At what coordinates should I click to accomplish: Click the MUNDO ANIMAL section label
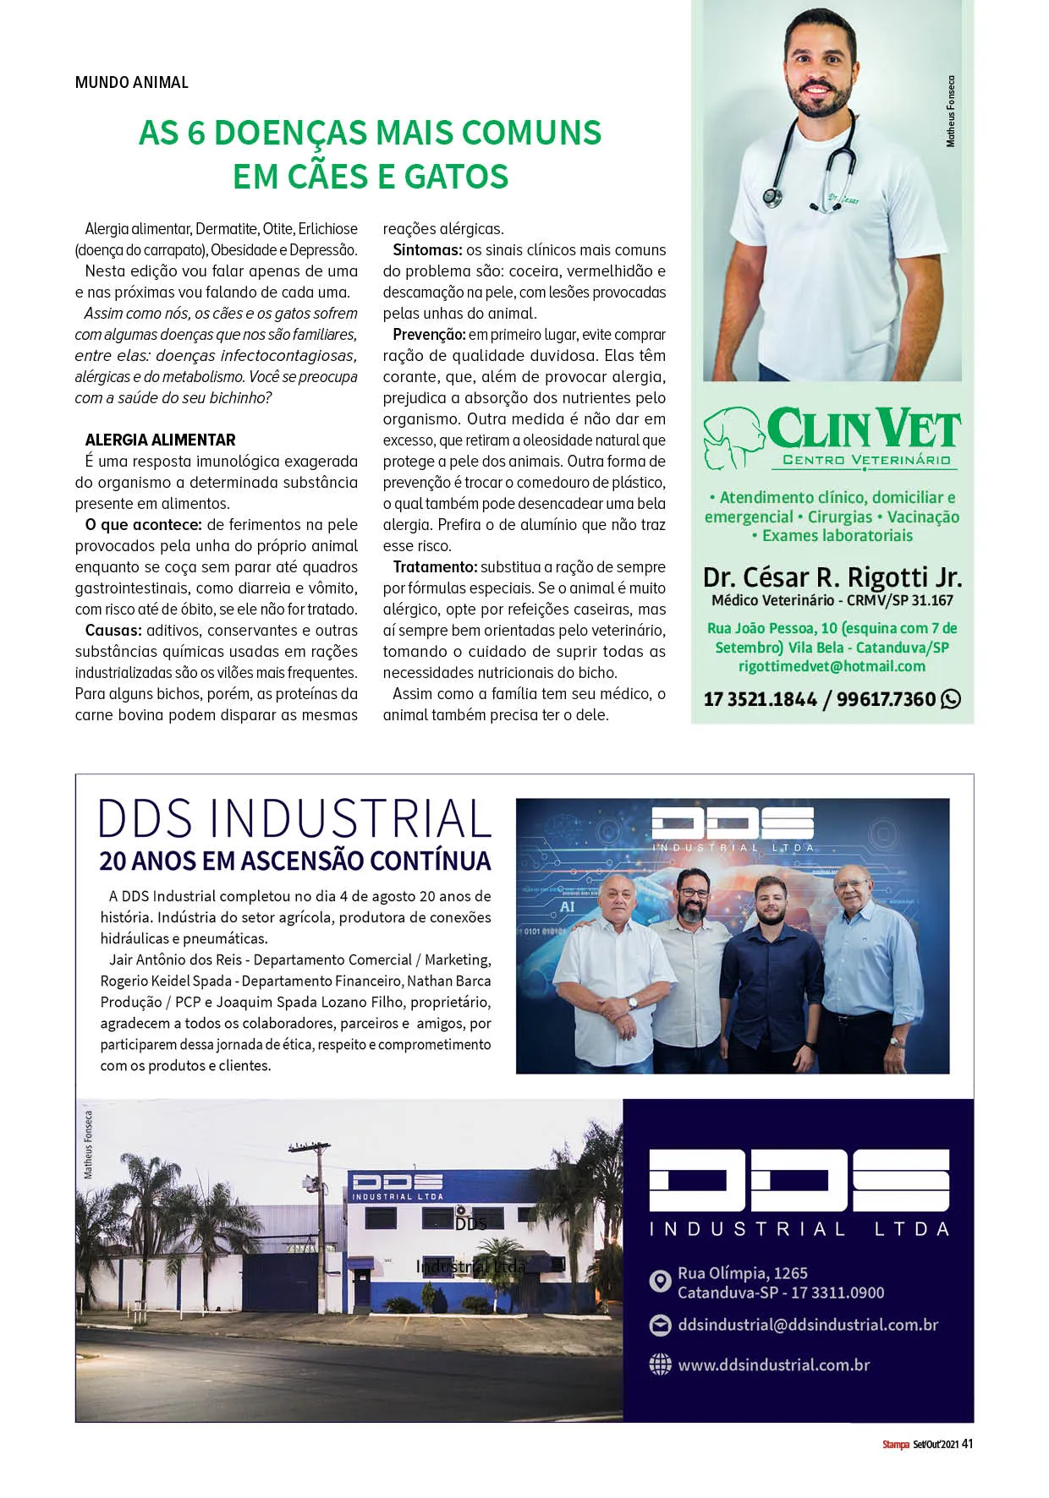coord(131,82)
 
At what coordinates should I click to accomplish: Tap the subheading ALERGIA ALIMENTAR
coord(160,440)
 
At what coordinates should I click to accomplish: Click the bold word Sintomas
coord(426,250)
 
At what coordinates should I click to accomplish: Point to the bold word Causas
coord(113,631)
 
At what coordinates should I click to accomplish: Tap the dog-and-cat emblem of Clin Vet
coord(733,437)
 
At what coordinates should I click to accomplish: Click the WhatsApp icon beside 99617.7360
coord(951,699)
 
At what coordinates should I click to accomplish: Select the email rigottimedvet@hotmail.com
coord(832,666)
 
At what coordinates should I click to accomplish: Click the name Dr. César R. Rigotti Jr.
coord(832,577)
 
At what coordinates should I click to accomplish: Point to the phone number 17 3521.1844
coord(760,699)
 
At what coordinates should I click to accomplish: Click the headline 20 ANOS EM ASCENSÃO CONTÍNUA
coord(295,861)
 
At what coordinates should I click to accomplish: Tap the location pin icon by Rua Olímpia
coord(660,1282)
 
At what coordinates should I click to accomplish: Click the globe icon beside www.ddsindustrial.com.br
coord(660,1364)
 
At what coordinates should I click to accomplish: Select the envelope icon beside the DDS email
coord(660,1325)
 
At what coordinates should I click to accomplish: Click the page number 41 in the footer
coord(967,1444)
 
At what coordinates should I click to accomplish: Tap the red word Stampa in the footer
coord(895,1445)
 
